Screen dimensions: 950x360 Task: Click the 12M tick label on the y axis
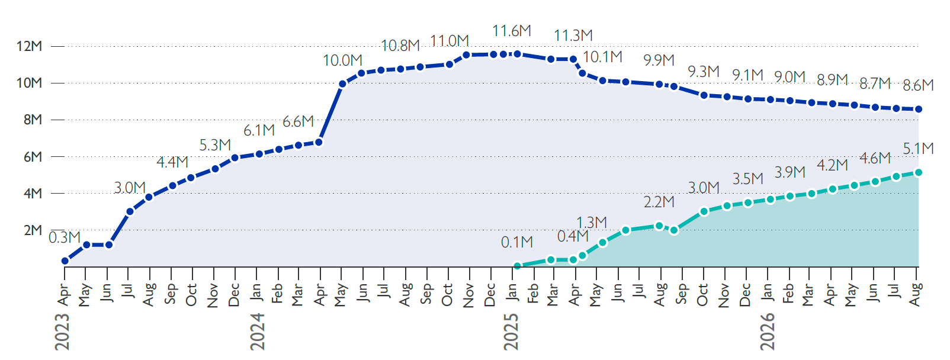point(29,46)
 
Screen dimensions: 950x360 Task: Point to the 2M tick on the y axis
point(57,230)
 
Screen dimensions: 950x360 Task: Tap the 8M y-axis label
point(33,120)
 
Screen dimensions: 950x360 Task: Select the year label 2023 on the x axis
point(62,332)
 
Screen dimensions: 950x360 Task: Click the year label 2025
point(511,332)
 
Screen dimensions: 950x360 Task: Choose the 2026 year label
point(768,332)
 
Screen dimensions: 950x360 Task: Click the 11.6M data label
point(512,31)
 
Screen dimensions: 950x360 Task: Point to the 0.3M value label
point(65,237)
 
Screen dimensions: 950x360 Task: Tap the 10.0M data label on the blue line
point(343,60)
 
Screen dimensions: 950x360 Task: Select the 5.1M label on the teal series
point(919,149)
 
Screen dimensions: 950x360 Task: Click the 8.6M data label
point(918,86)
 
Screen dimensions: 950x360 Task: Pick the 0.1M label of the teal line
point(517,243)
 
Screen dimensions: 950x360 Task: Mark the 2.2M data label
point(659,202)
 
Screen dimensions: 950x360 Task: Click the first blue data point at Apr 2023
point(65,261)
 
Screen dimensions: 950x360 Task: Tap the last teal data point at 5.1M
point(919,172)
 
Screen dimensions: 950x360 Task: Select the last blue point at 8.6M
point(919,110)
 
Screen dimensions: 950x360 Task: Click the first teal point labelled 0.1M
point(518,266)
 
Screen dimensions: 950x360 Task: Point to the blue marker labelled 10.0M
point(343,84)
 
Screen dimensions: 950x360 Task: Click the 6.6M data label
point(298,122)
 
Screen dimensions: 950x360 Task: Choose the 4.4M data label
point(172,162)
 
